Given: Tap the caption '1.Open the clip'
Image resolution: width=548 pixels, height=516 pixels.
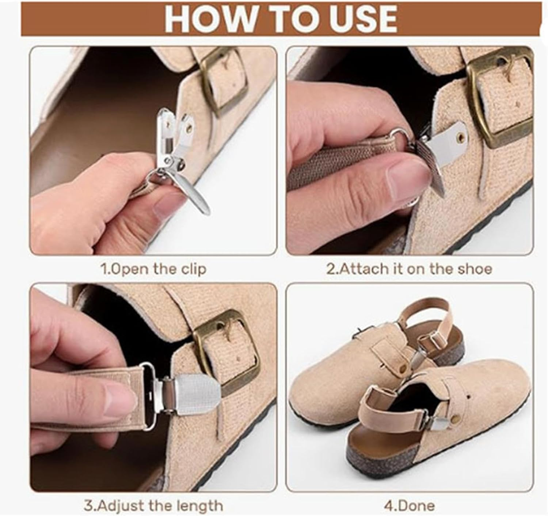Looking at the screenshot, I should pyautogui.click(x=153, y=269).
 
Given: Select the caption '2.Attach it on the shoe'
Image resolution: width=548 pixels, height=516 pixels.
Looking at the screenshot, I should pyautogui.click(x=409, y=269).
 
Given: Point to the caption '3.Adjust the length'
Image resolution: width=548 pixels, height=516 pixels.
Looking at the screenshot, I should pyautogui.click(x=153, y=506).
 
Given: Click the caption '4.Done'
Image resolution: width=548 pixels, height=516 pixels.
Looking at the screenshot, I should pyautogui.click(x=409, y=506).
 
